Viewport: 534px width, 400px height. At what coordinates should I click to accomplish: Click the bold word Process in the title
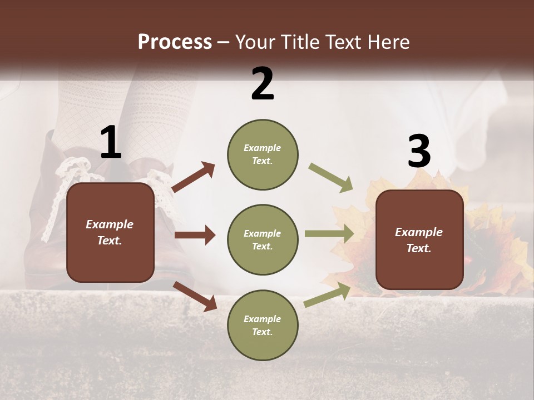(175, 42)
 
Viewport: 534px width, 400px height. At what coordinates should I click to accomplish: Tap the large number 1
(111, 143)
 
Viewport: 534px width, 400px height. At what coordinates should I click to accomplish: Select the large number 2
(263, 84)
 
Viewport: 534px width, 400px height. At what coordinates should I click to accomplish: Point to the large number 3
(419, 152)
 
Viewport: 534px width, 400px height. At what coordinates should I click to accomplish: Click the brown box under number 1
(110, 232)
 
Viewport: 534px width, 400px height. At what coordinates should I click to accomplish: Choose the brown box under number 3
(419, 239)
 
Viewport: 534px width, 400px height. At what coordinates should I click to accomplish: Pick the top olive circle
(263, 154)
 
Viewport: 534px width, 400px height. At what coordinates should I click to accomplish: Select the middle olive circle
(263, 239)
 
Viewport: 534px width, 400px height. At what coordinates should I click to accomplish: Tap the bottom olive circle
(263, 325)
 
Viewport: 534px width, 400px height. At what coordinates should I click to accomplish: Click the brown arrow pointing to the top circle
(193, 177)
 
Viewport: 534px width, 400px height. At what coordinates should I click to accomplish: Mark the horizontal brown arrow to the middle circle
(195, 235)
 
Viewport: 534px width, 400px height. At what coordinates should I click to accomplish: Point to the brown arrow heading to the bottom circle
(195, 296)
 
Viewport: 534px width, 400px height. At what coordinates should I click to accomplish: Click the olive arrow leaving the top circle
(330, 178)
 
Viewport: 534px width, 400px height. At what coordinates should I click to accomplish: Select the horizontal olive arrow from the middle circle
(329, 234)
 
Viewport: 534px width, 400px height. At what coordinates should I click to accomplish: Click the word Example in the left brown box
(110, 224)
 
